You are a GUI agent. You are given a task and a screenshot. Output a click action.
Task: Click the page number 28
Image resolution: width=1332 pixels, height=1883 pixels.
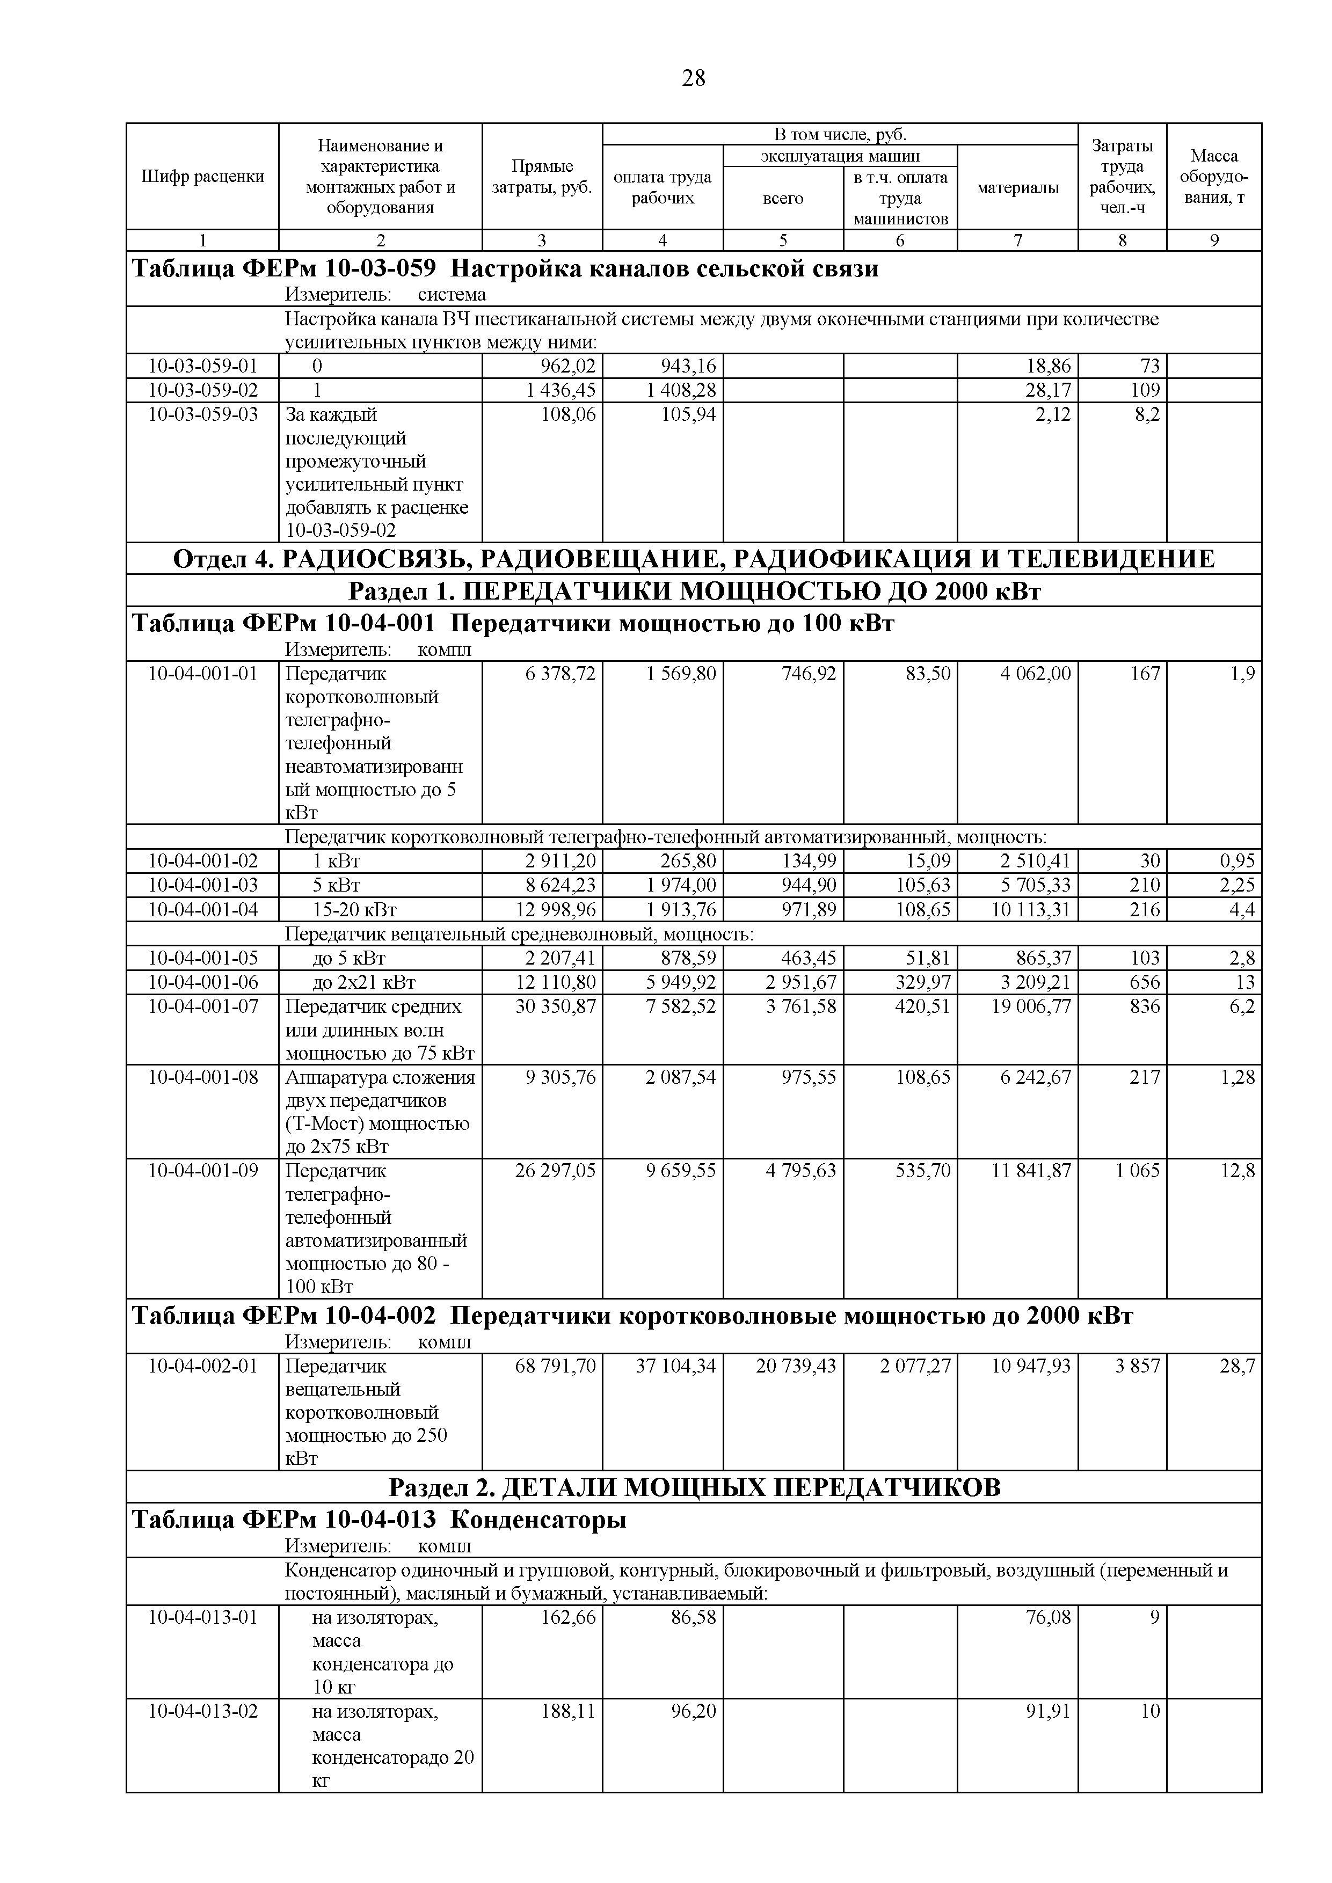[693, 79]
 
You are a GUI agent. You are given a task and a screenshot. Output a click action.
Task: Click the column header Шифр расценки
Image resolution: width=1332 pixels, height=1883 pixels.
[202, 176]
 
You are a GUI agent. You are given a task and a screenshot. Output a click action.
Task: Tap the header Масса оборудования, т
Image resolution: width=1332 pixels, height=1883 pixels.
[1214, 176]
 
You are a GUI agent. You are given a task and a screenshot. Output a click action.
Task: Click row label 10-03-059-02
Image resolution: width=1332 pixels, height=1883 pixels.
[202, 390]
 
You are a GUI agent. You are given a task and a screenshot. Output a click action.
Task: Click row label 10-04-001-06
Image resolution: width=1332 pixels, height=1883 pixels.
[202, 982]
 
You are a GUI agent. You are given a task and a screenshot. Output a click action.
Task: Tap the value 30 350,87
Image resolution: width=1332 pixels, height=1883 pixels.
[555, 1006]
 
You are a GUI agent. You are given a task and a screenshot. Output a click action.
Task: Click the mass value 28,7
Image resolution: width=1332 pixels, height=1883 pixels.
[1238, 1366]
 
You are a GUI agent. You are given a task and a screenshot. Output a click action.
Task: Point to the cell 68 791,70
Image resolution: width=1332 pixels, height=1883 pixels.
[555, 1366]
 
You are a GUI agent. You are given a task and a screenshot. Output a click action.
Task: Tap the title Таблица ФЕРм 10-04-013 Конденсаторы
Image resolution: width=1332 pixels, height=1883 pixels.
[380, 1520]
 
